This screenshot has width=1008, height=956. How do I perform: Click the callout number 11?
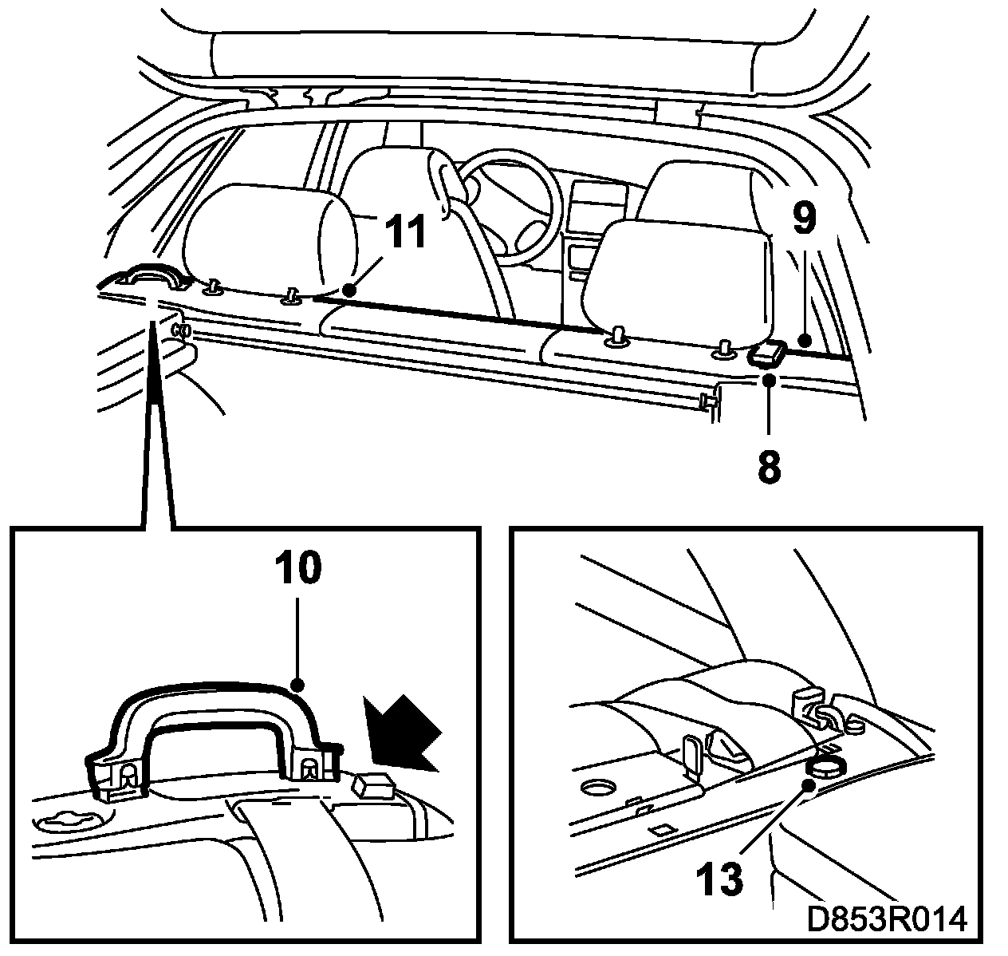(x=405, y=232)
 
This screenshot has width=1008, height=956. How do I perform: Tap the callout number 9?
(x=804, y=218)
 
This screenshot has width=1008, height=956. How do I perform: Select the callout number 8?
(x=769, y=466)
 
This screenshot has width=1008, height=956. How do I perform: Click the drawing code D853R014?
(x=887, y=919)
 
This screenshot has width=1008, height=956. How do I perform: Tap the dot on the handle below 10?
(x=297, y=685)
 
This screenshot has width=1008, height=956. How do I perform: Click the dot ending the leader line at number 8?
(x=769, y=381)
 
